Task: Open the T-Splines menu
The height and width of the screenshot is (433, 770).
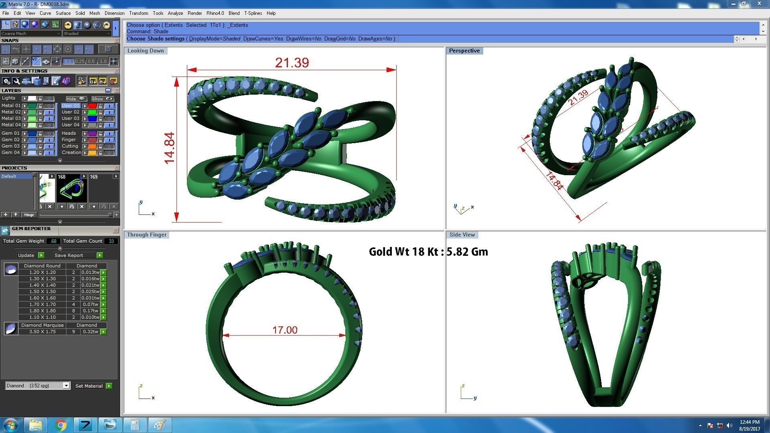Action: [253, 13]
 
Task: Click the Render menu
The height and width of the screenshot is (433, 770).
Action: [195, 13]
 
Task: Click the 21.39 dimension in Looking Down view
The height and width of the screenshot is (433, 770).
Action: [292, 63]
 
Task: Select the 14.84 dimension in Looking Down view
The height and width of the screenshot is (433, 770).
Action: [170, 148]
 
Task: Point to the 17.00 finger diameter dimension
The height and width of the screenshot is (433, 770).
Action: [285, 330]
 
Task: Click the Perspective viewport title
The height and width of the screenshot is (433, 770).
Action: [464, 51]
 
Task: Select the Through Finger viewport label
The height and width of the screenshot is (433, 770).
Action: [146, 235]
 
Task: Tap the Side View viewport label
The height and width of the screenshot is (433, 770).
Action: [462, 235]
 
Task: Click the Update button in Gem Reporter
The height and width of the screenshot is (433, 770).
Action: [26, 255]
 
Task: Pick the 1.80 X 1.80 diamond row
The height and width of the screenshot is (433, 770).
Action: [42, 311]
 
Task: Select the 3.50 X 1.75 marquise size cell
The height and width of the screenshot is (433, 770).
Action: [42, 332]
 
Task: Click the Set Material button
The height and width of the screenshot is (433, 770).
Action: [89, 386]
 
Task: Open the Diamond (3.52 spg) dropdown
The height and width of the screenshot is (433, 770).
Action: [66, 386]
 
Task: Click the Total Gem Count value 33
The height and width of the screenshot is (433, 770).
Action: [111, 241]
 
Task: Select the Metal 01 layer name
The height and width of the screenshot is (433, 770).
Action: [10, 106]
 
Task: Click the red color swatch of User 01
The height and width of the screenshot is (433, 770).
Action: [92, 106]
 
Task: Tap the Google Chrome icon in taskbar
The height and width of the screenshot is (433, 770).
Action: [61, 425]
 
